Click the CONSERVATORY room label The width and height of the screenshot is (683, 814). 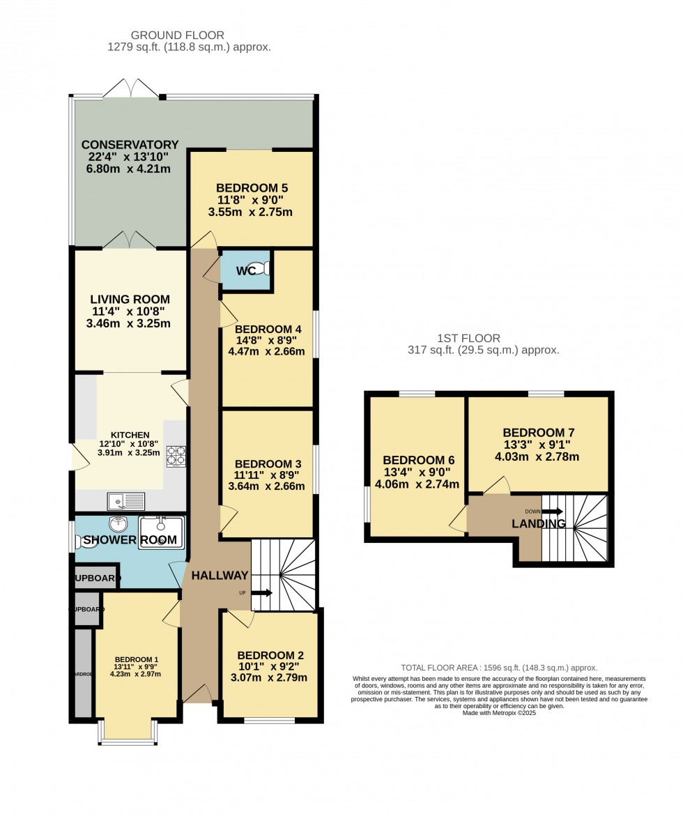coord(130,145)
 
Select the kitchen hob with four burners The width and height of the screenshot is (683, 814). coord(176,455)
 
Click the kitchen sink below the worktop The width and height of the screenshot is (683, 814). coord(126,500)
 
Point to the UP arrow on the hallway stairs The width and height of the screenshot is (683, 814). coord(262,593)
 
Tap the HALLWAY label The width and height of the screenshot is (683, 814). coord(220,576)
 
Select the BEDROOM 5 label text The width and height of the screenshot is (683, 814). coord(252,187)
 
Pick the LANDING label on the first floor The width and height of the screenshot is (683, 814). coord(539,523)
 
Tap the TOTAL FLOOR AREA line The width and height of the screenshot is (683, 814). coord(499,667)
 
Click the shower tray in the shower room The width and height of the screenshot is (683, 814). coord(161,532)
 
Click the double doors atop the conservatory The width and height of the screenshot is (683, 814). coord(131,89)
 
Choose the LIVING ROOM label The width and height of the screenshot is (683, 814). coord(130,299)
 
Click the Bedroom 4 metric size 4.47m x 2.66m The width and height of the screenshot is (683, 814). coord(270,351)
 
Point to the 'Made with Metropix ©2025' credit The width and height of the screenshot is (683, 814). coord(499,713)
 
